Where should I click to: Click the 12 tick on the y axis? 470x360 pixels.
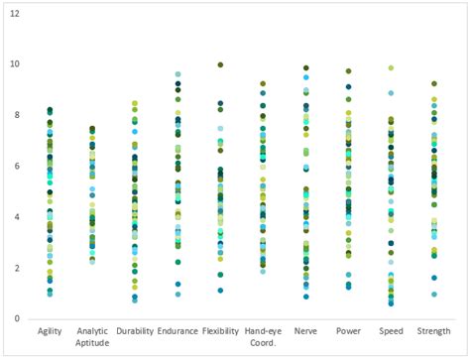pos(15,13)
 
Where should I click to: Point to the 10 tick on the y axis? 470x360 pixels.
pos(15,64)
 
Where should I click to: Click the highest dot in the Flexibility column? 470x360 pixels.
pos(220,65)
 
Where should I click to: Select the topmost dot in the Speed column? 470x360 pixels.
pos(391,67)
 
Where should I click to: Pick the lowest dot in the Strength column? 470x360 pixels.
pos(433,294)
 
